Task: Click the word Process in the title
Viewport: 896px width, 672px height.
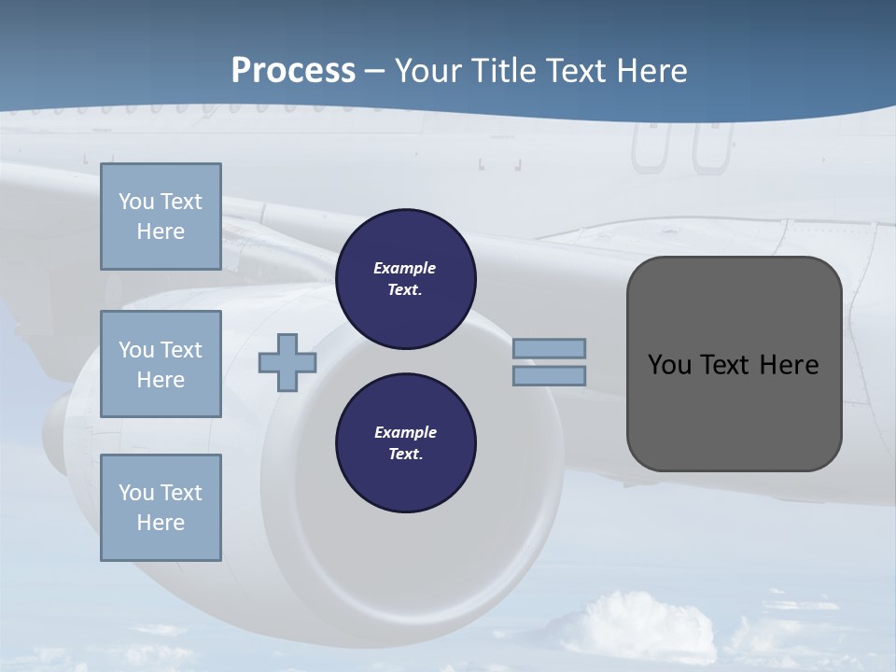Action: [x=293, y=71]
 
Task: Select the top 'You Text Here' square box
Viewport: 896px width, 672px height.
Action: [x=161, y=217]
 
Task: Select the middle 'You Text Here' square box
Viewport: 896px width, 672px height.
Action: [x=161, y=364]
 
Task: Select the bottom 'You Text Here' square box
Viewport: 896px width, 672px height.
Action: [x=161, y=508]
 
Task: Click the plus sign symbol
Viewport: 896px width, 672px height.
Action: [x=287, y=363]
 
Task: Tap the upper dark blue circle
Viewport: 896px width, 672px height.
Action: [x=406, y=279]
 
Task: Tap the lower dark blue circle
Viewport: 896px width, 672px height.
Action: [x=406, y=443]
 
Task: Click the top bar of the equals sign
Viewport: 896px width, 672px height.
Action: [x=550, y=348]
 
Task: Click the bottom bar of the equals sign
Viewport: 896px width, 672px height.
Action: [x=550, y=375]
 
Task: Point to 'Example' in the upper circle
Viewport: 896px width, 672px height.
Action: [x=404, y=268]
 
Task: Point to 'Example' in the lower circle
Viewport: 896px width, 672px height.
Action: [x=405, y=432]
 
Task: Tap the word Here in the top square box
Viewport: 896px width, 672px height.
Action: [x=161, y=231]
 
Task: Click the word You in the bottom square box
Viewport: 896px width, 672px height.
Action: [x=136, y=493]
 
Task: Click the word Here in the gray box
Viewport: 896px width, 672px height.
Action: [x=790, y=365]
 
